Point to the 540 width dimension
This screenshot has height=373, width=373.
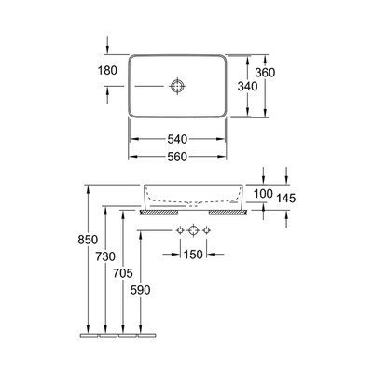click(x=177, y=138)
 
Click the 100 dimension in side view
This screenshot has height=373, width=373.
click(x=262, y=193)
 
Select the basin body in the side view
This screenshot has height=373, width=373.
click(x=192, y=196)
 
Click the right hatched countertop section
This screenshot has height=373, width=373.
click(x=228, y=212)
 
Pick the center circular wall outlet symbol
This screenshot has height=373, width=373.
click(x=192, y=229)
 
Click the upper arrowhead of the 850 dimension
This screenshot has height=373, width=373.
click(x=87, y=186)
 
